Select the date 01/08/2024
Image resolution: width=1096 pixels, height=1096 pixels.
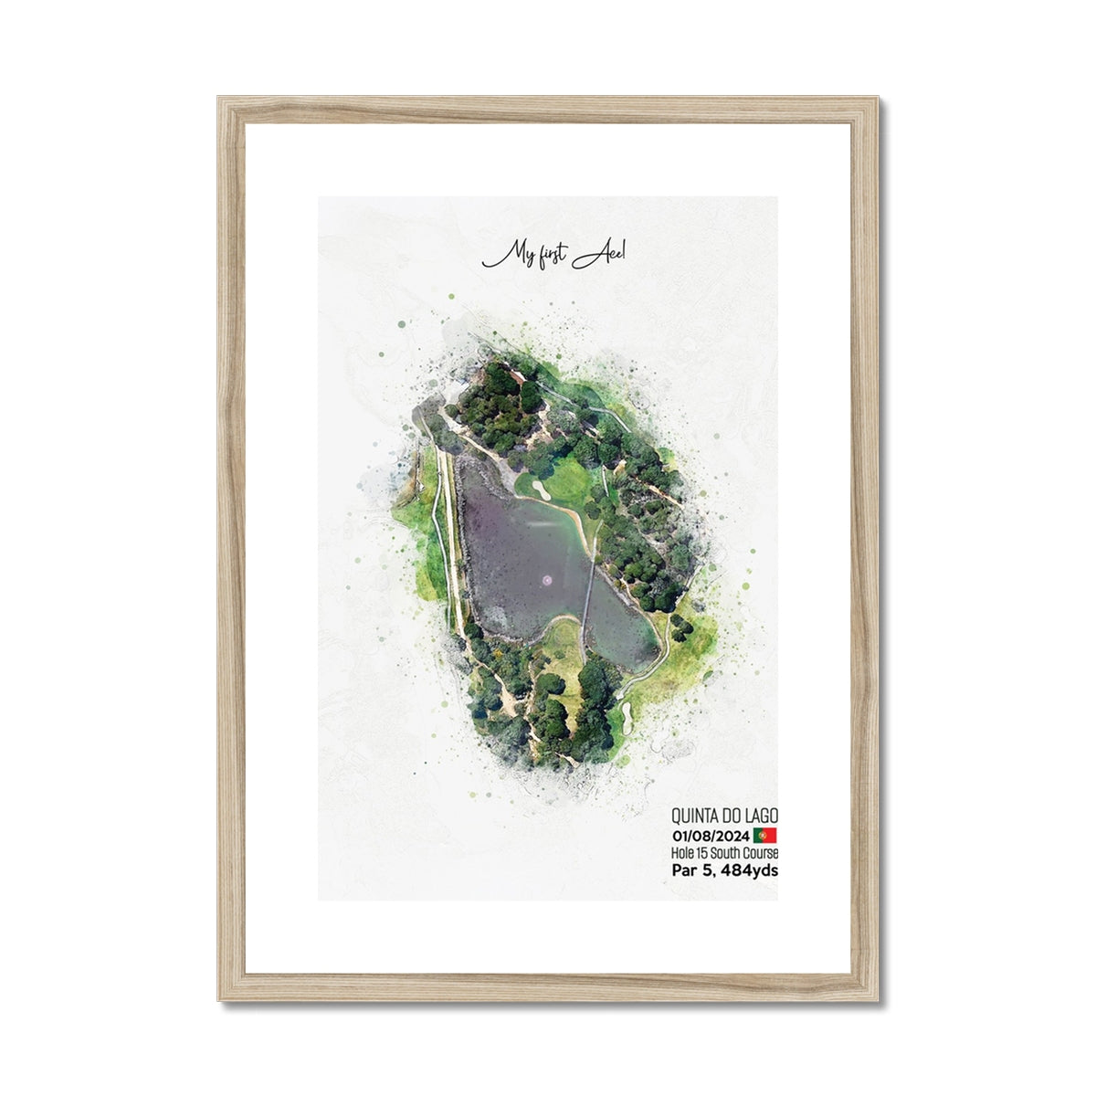coord(711,836)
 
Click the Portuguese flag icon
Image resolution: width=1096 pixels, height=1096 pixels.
coord(765,836)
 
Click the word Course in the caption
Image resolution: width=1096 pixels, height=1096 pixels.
coord(763,853)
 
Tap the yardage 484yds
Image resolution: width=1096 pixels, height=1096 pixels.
coord(749,871)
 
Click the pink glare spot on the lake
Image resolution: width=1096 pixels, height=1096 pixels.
coord(547,578)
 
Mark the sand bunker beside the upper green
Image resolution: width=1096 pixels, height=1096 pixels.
coord(542,491)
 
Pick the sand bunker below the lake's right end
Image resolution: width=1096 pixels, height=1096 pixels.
coord(629,710)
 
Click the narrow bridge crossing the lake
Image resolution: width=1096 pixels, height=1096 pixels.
coord(590,603)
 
